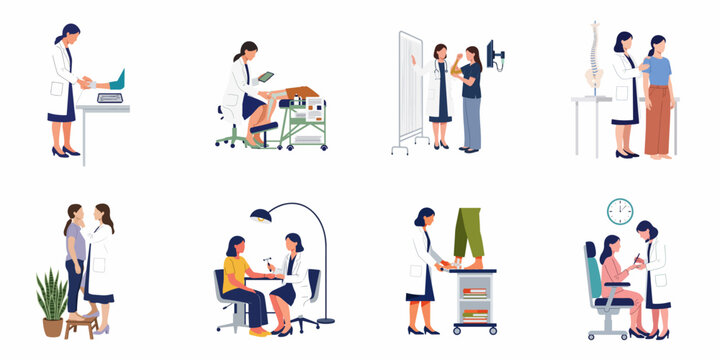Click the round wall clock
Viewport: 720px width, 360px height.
[x=620, y=211]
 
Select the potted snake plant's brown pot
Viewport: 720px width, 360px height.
[x=52, y=327]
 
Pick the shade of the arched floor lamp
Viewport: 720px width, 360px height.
[x=259, y=214]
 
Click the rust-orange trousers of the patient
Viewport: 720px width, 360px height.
[x=658, y=120]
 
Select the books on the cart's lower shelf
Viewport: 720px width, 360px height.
[x=474, y=316]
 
